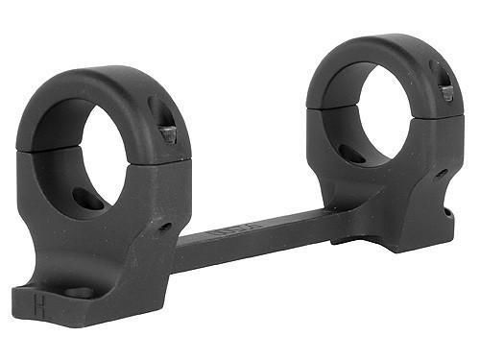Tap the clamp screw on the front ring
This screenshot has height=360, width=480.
click(x=168, y=133)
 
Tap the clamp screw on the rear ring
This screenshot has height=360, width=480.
click(x=445, y=92)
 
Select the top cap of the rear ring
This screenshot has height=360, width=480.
click(x=384, y=53)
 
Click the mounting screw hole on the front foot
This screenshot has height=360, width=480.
click(x=79, y=292)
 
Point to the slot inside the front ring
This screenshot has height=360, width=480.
click(x=88, y=197)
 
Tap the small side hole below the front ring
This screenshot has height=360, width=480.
click(x=165, y=227)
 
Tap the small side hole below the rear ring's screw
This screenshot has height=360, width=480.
click(x=441, y=174)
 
